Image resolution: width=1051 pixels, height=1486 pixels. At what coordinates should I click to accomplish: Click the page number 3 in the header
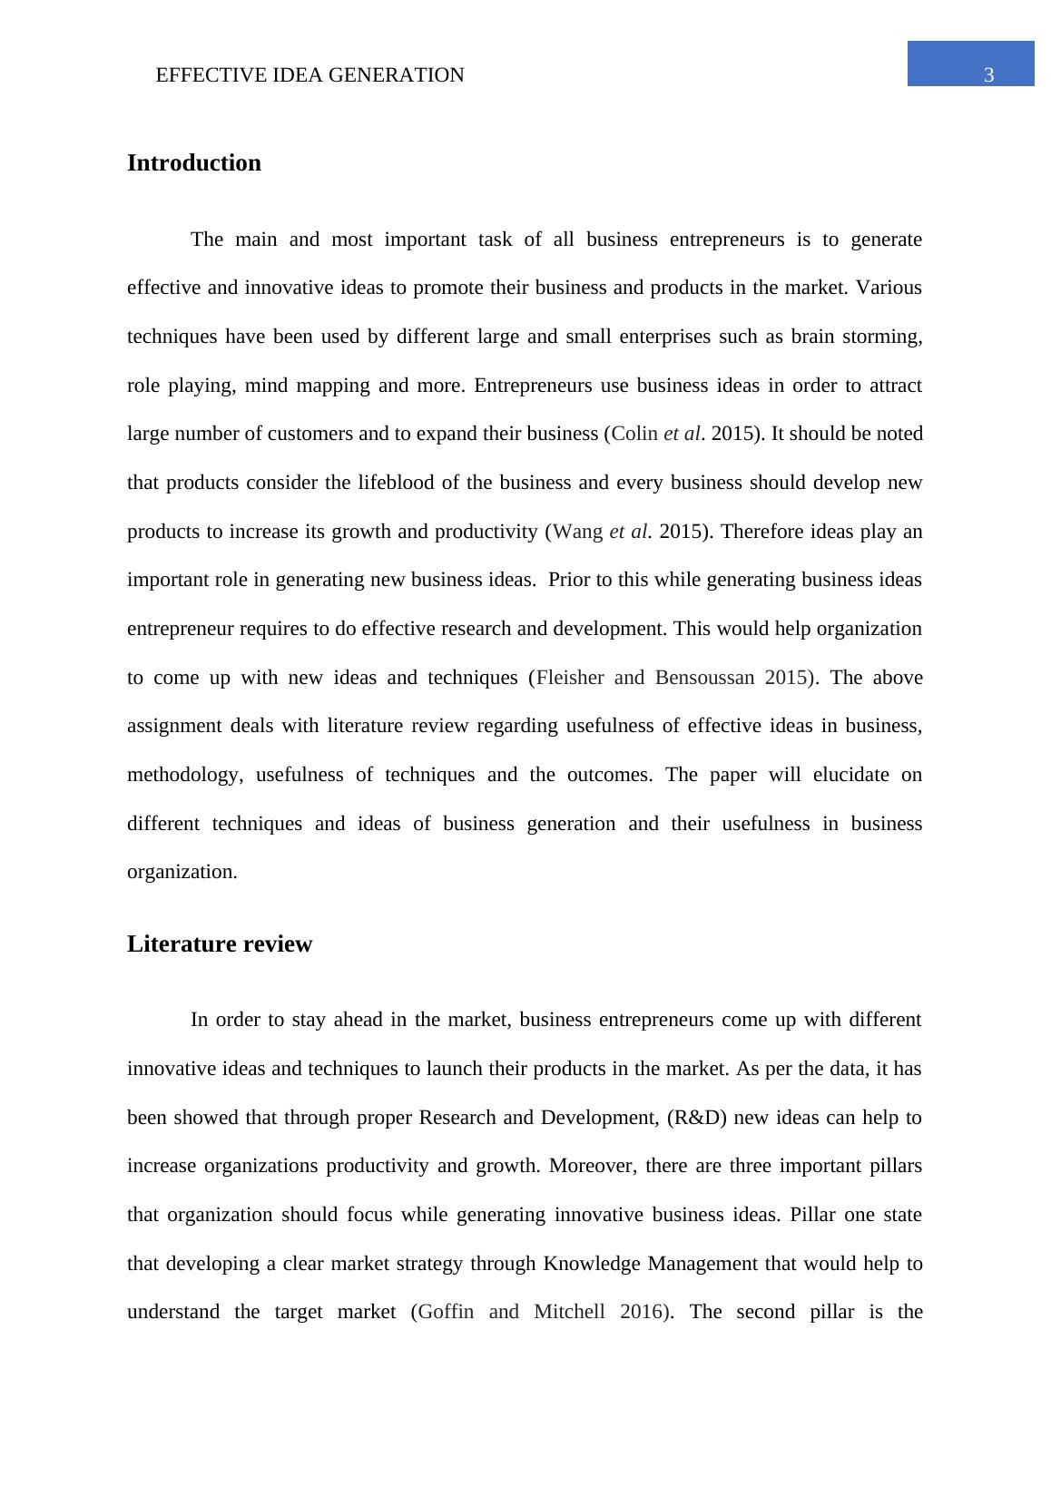point(988,75)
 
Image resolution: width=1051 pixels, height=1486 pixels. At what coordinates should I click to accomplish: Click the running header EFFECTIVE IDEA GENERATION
point(309,75)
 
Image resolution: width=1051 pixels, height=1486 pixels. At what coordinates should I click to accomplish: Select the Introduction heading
point(194,163)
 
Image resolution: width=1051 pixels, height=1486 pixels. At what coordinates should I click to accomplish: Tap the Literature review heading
point(220,944)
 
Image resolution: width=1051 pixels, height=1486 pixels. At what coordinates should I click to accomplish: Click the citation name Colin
point(634,434)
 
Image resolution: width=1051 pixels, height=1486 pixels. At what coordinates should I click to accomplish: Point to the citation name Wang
point(577,532)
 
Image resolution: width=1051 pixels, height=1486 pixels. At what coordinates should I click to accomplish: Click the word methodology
point(184,775)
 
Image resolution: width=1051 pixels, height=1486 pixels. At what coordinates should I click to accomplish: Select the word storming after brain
point(882,337)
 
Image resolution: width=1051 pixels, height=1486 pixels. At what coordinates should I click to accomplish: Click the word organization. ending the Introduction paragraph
point(182,872)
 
